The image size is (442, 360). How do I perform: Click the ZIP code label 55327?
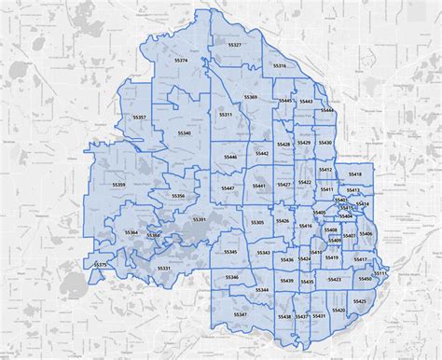pos(234,45)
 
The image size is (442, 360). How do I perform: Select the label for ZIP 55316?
pos(280,66)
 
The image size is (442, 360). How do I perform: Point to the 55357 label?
pos(140,117)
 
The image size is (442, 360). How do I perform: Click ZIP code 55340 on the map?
pos(184,133)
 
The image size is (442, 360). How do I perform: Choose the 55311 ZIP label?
pos(226,114)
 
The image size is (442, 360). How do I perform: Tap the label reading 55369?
pos(251,96)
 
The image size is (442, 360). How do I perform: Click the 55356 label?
pos(179,196)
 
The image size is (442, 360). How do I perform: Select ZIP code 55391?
pos(199,219)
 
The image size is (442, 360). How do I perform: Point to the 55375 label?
pos(101,264)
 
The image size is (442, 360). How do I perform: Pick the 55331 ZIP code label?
pos(164,268)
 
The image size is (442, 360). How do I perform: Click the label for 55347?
pos(241,315)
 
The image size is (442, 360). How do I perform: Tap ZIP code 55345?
pos(229,252)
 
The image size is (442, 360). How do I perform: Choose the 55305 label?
pos(257,222)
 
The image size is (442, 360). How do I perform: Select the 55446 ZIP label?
pos(229,158)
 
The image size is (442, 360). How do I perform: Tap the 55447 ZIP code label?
pos(228,188)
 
